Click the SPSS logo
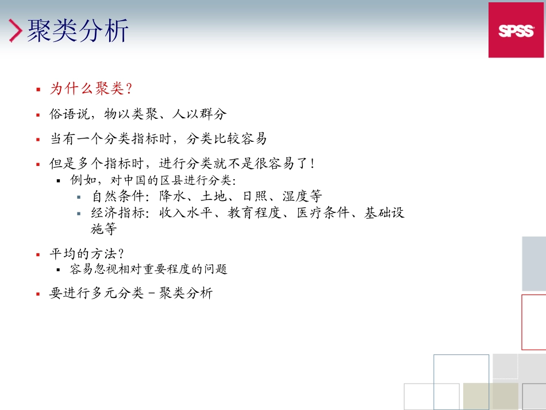(x=516, y=30)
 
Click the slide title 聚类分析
(x=78, y=30)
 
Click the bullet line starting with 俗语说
(x=138, y=114)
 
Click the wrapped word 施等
(x=104, y=229)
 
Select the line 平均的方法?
(x=87, y=254)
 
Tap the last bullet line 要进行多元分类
(x=131, y=293)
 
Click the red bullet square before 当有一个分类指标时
(x=38, y=140)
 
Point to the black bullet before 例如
(x=59, y=180)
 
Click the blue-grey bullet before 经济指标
(x=79, y=214)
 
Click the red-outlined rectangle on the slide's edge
(x=534, y=322)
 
